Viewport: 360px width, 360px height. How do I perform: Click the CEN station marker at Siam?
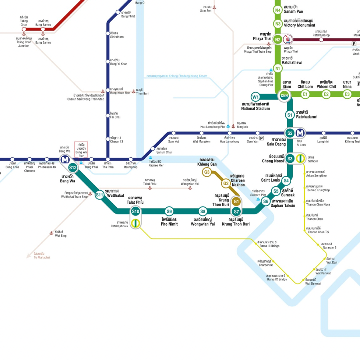click(284, 95)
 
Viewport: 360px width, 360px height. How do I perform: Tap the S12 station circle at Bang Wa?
click(73, 168)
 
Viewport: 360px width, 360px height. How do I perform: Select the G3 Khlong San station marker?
click(207, 172)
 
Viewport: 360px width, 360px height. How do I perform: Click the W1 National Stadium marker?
click(256, 96)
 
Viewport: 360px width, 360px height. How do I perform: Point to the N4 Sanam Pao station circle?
click(278, 10)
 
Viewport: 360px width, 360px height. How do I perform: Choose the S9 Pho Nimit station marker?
click(169, 212)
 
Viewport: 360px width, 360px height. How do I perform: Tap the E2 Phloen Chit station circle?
click(326, 94)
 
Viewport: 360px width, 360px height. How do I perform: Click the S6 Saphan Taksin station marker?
click(265, 202)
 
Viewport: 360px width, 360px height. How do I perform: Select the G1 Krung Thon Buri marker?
click(236, 202)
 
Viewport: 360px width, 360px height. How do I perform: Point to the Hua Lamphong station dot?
click(227, 133)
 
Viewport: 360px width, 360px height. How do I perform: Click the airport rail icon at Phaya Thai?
click(288, 39)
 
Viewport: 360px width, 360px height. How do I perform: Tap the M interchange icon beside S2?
click(300, 133)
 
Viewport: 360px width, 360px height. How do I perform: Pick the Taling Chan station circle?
click(24, 29)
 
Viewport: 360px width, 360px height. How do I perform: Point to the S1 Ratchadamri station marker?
click(290, 115)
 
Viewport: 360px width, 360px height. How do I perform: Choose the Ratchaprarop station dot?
click(321, 39)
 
